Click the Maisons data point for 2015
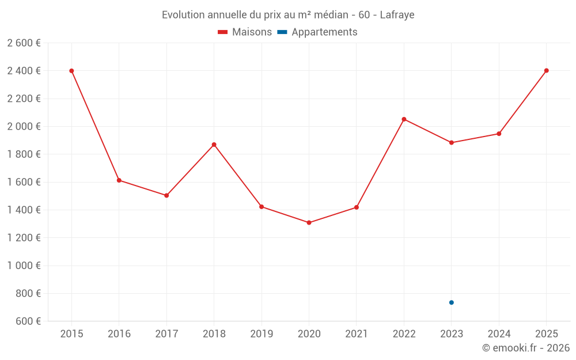[x=71, y=71]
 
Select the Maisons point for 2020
[x=309, y=222]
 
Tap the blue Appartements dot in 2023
[x=452, y=302]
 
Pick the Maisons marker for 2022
[x=404, y=119]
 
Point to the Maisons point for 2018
[x=214, y=145]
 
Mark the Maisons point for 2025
[x=547, y=71]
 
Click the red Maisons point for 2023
[x=452, y=142]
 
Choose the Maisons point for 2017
[x=166, y=195]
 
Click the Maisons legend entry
[x=245, y=32]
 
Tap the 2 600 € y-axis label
[x=24, y=43]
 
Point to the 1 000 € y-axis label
[x=24, y=266]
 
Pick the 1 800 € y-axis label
[x=24, y=154]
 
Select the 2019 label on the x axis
[x=262, y=334]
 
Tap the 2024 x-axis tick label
[x=499, y=334]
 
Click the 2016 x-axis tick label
[x=119, y=334]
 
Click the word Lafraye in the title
[x=397, y=15]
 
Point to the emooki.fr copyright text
[x=526, y=348]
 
